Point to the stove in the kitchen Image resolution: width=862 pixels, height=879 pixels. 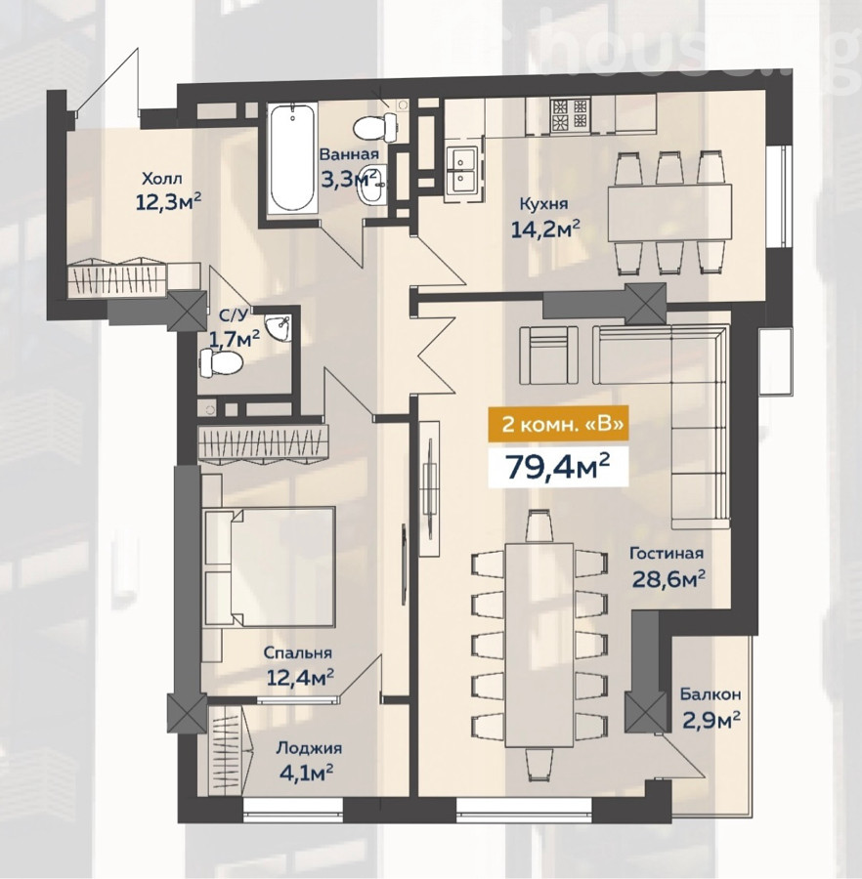[570, 115]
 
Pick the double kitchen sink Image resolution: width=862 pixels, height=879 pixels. [463, 172]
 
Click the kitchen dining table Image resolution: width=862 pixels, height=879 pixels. [670, 213]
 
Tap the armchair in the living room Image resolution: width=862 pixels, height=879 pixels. [548, 355]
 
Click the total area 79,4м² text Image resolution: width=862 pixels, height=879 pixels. [558, 467]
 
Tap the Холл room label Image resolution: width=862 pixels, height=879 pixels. [162, 180]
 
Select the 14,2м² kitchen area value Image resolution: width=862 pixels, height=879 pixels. [544, 229]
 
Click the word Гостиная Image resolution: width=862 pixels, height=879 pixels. [667, 554]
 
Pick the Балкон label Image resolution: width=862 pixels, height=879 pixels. [710, 694]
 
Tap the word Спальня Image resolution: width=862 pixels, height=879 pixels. [298, 653]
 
